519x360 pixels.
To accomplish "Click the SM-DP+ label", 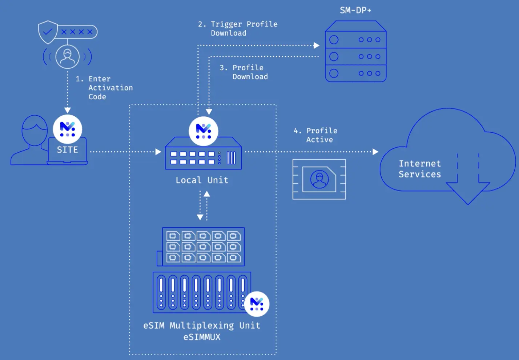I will click(355, 10).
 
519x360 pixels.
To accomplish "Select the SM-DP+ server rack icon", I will click(355, 52).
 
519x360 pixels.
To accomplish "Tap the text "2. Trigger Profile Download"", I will click(238, 28).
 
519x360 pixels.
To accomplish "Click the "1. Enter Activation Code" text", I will click(105, 88).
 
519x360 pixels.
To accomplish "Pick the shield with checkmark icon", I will click(48, 32).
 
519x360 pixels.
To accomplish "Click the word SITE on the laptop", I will click(67, 150).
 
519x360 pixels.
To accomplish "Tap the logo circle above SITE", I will click(68, 129).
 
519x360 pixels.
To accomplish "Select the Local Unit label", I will click(202, 180).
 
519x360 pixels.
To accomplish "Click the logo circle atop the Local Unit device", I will click(204, 131).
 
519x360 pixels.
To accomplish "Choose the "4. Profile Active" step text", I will click(315, 135).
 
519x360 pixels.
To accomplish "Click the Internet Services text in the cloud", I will click(420, 169).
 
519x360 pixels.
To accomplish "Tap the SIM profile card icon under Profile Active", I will click(319, 179).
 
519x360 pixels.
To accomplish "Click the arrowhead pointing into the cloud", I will click(375, 152).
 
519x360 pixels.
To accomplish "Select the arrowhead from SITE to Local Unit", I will click(158, 152).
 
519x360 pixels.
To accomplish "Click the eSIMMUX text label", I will click(202, 337).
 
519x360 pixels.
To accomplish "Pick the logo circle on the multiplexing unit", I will click(257, 304).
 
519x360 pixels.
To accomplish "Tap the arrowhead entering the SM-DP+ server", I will click(317, 45).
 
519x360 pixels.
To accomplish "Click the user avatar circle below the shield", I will click(67, 57).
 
